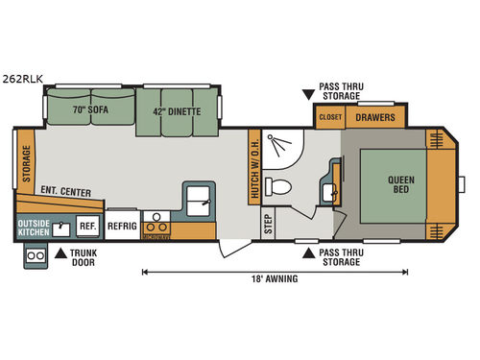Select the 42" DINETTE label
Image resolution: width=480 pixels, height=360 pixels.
(x=178, y=110)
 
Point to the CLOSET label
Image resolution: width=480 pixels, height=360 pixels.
(x=329, y=117)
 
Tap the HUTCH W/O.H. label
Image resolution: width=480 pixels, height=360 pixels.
(x=255, y=167)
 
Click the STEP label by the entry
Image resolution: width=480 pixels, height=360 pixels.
(x=266, y=223)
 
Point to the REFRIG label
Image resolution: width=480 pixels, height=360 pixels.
(x=121, y=226)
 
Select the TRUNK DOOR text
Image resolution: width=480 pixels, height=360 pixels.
(x=84, y=259)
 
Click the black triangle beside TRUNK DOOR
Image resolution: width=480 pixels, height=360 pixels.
(x=59, y=254)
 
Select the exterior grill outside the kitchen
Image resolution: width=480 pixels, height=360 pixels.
(x=36, y=256)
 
